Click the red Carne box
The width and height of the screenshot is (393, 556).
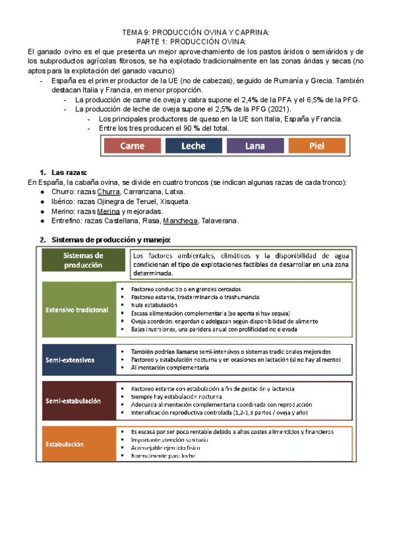pos(132,147)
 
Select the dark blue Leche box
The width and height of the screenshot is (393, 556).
pos(193,147)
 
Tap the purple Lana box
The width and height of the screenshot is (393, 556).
pos(255,147)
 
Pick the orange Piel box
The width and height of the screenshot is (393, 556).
pos(316,147)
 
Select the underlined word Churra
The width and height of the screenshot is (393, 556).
pos(108,191)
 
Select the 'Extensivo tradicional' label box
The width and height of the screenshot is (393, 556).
pos(77,309)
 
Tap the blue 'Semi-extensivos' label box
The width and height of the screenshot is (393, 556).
pos(70,360)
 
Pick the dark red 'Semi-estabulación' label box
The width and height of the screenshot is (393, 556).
pos(73,401)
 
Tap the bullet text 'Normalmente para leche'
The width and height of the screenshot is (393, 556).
pos(162,456)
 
